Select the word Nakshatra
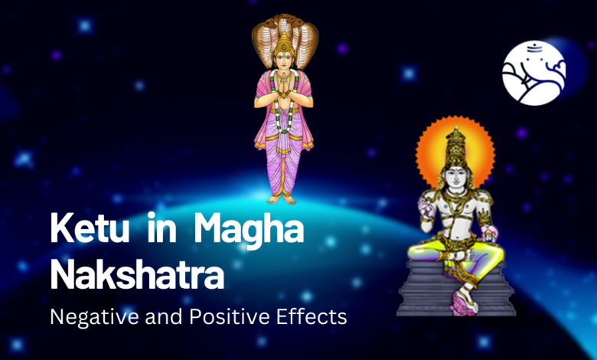(x=136, y=273)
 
